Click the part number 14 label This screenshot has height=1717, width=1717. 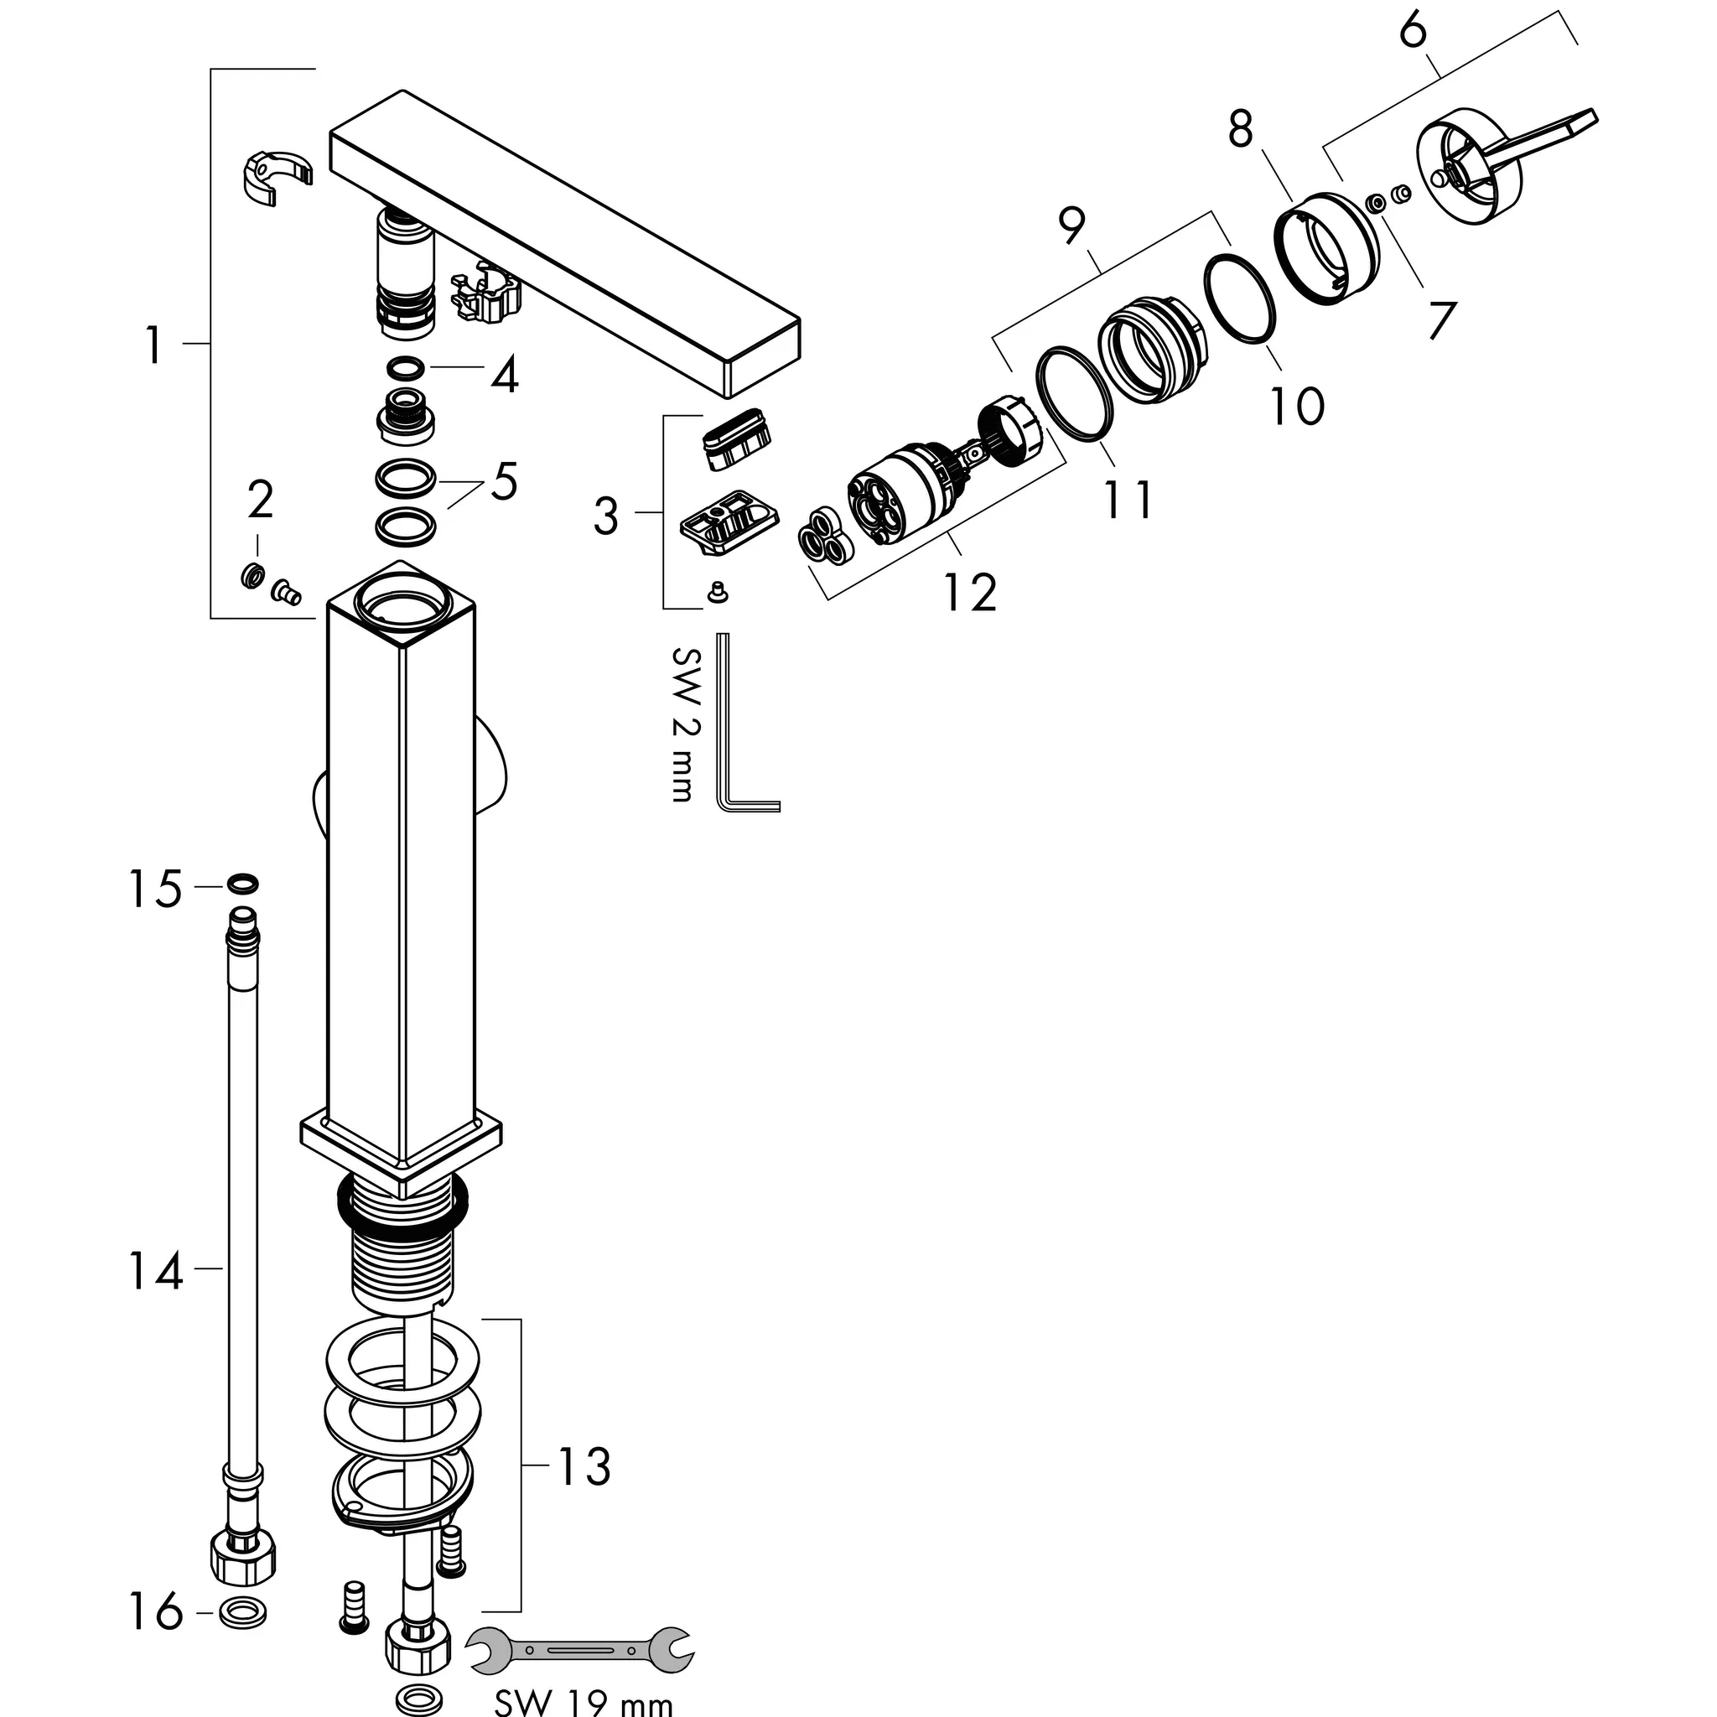coord(157,1271)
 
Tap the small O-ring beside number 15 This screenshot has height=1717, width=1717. coord(242,884)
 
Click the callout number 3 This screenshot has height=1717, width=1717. coord(606,516)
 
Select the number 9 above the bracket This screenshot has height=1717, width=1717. coord(1072,226)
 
